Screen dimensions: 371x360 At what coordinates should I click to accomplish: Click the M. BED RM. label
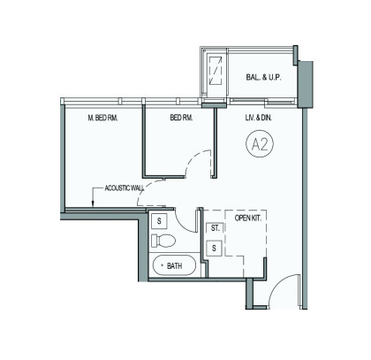tap(102, 118)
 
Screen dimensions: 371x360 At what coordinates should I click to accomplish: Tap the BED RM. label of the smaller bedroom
tap(181, 118)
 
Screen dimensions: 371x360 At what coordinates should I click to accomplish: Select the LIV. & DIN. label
tap(259, 118)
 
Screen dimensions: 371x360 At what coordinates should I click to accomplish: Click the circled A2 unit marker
tap(260, 144)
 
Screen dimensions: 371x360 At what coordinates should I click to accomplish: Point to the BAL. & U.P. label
tap(263, 78)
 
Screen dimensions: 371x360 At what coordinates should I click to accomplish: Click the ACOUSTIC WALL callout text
tap(125, 188)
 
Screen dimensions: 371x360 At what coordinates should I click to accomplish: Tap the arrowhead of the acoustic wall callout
tap(93, 203)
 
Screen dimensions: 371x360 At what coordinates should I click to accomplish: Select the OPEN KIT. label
tap(248, 218)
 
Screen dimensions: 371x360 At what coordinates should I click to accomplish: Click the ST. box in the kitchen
tap(215, 228)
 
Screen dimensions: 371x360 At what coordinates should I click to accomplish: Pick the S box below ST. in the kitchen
tap(214, 249)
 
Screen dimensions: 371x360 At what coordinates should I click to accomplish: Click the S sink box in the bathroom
tap(159, 221)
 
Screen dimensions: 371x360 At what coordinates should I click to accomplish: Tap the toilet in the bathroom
tap(163, 241)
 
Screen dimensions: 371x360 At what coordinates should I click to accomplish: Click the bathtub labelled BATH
tap(174, 265)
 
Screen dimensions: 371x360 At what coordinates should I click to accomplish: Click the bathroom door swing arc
tap(182, 224)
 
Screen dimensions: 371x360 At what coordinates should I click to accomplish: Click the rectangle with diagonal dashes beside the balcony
tap(216, 70)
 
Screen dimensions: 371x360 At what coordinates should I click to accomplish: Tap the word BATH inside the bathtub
tap(174, 266)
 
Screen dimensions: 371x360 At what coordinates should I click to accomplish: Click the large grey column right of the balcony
tap(306, 85)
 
